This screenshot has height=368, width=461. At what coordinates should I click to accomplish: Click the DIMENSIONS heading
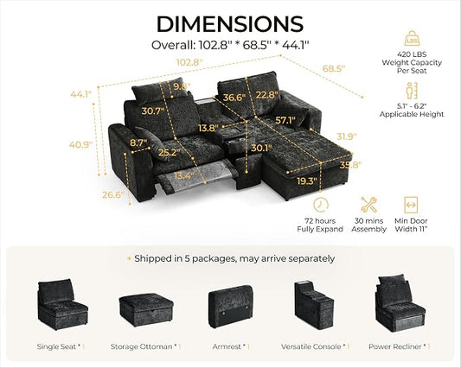(x=230, y=24)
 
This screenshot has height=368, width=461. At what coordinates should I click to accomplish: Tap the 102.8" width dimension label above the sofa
(x=189, y=62)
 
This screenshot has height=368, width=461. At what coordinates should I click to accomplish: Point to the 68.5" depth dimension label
(x=334, y=68)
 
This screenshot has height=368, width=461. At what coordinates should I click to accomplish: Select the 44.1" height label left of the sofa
(x=81, y=94)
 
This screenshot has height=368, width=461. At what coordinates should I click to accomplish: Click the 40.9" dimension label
(x=80, y=144)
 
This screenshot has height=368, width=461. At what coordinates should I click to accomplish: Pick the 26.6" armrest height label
(x=113, y=194)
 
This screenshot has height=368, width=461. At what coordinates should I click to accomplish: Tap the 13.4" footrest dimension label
(x=183, y=175)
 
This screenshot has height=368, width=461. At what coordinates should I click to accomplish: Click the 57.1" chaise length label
(x=285, y=120)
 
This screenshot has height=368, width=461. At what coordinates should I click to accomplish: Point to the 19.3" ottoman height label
(x=307, y=181)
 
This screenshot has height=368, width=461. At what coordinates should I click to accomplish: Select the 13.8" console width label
(x=208, y=128)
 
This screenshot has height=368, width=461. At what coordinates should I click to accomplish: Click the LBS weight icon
(x=412, y=38)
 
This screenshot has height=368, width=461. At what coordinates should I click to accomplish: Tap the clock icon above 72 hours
(x=321, y=205)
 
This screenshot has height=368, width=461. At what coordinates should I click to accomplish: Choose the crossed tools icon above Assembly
(x=368, y=205)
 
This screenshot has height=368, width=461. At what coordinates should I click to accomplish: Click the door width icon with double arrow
(x=411, y=205)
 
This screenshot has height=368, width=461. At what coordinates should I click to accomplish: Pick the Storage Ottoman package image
(x=146, y=310)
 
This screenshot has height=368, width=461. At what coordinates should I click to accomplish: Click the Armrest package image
(x=231, y=307)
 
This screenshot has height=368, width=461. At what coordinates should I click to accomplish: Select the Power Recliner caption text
(x=395, y=346)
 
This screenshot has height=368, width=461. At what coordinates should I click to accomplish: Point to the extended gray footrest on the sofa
(x=197, y=177)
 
